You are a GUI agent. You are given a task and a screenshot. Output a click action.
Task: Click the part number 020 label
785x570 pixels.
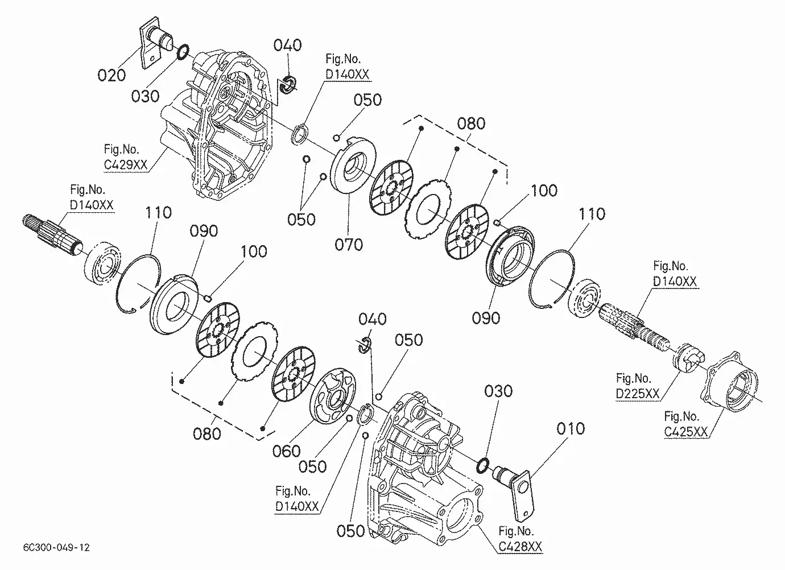[111, 75]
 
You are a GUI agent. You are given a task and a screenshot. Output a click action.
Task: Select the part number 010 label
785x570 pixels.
[569, 428]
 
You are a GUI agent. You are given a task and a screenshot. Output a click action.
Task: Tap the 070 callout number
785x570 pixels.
[348, 245]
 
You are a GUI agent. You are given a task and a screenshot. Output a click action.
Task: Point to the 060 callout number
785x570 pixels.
[286, 451]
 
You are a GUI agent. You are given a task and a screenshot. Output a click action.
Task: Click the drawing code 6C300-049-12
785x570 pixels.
[57, 548]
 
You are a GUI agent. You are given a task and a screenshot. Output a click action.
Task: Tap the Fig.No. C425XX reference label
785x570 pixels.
[686, 424]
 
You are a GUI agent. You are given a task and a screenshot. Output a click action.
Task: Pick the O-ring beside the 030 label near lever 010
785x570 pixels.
[482, 465]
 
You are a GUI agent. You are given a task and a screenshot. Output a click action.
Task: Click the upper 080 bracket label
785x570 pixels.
[472, 123]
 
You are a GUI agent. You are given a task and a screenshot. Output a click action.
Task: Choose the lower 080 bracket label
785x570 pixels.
[207, 433]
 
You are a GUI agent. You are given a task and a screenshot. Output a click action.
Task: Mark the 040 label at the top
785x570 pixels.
[287, 46]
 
